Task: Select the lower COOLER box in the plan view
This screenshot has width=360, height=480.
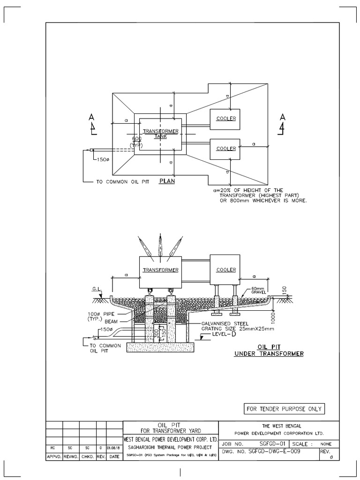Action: (225, 149)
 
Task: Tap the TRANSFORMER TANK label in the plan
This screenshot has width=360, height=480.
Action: (160, 133)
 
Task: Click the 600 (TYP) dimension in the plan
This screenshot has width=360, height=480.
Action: (136, 142)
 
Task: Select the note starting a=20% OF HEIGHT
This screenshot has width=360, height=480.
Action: (259, 195)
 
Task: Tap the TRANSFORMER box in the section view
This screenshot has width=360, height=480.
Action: (160, 270)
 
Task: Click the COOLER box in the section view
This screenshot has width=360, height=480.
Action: (225, 270)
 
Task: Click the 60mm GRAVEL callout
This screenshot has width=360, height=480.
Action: (258, 290)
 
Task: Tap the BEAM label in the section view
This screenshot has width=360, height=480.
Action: (111, 322)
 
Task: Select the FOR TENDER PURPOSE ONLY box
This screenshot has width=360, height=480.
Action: (284, 409)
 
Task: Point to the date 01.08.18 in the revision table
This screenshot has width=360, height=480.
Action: (114, 447)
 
